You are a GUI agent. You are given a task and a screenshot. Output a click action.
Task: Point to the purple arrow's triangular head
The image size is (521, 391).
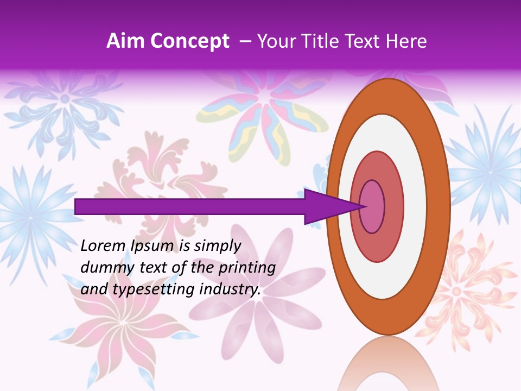point(331,206)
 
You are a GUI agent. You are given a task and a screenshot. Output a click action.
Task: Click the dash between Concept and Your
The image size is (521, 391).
point(245,41)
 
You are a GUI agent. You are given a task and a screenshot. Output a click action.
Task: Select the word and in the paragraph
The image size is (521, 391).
point(94,289)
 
